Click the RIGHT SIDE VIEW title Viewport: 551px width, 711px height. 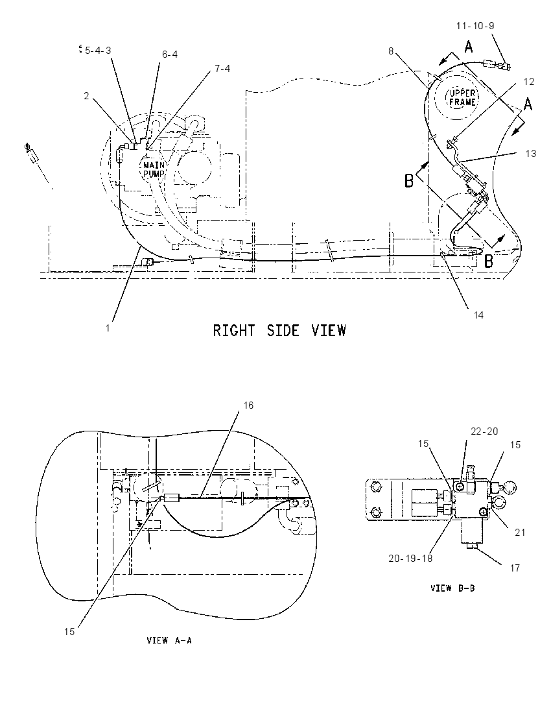point(279,330)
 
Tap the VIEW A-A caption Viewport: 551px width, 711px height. point(169,640)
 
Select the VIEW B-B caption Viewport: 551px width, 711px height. point(452,588)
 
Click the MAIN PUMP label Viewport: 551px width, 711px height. point(154,169)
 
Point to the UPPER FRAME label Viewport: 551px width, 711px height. point(462,98)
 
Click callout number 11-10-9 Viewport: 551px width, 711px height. point(475,26)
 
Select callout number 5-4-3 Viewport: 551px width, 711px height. point(97,50)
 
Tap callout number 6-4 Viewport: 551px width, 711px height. point(169,54)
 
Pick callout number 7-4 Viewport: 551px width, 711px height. point(222,69)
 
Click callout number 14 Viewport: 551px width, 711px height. point(478,315)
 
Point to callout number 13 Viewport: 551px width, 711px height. point(531,154)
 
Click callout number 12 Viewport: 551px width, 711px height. point(529,82)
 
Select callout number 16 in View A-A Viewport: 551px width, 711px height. point(248,405)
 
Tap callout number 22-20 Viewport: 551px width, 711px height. point(484,431)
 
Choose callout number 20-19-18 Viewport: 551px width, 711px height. point(410,558)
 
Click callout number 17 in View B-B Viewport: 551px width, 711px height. point(515,568)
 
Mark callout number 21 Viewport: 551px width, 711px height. point(520,533)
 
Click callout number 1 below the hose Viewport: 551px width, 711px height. point(108,328)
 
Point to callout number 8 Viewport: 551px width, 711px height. point(391,51)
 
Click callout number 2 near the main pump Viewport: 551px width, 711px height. point(86,96)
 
